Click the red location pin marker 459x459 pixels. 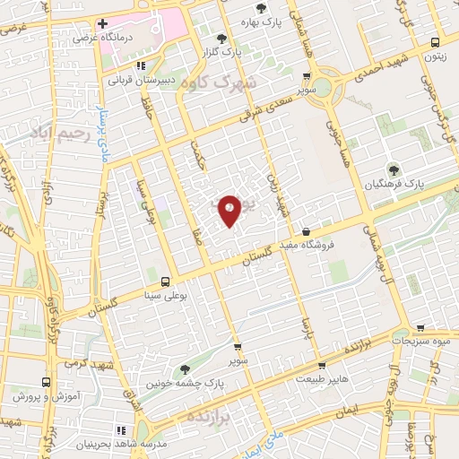tap(229, 211)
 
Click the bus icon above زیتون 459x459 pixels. tap(435, 41)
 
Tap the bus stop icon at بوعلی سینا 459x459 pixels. tap(164, 281)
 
